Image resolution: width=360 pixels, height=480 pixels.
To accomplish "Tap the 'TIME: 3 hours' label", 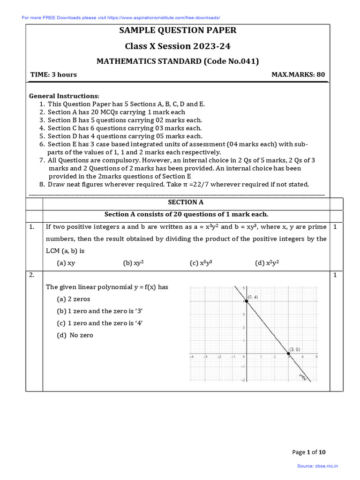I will coord(53,75).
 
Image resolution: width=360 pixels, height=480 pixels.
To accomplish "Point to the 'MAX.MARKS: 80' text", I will coord(298,75).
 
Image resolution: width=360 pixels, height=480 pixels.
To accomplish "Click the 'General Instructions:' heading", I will coord(64,96).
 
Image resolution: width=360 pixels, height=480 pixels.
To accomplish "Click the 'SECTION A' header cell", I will coord(186,202).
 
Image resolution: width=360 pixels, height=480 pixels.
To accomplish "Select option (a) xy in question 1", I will coord(66,263).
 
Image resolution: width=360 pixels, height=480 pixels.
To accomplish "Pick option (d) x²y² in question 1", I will coord(267,263).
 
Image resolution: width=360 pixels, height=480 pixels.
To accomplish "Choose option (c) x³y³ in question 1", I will coord(201,263).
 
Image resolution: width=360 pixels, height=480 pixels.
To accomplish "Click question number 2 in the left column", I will coord(32,275).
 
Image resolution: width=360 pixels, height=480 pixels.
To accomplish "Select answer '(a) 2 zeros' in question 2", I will coord(74,299).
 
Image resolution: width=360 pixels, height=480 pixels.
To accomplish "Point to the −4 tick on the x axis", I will coord(191,357).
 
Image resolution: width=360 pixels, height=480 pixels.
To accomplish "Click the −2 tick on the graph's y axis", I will coord(242,380).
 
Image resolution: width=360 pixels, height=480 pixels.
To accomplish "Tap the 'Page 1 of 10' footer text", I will coord(308,452).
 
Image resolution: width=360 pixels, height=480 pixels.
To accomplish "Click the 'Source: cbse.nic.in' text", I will coord(317,466).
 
